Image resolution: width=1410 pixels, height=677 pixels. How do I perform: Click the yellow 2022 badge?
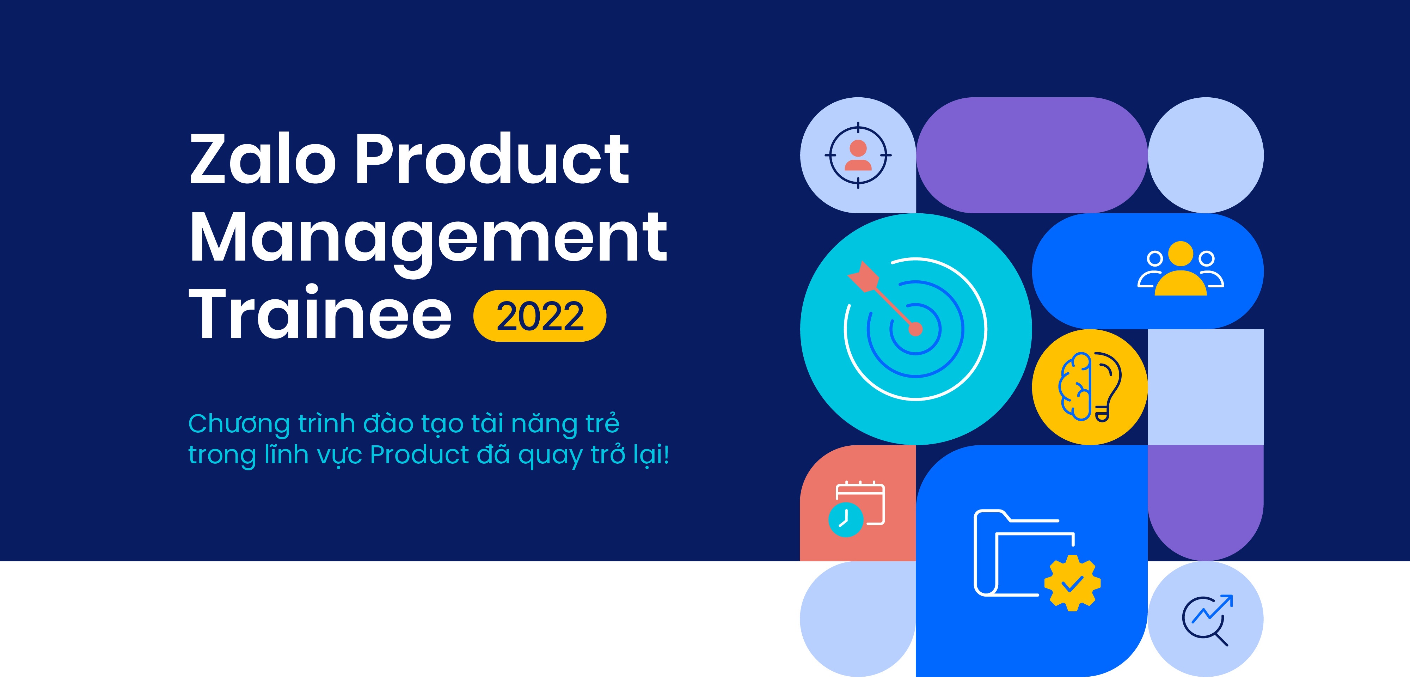(540, 316)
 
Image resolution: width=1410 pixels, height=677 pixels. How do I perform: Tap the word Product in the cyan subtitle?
(419, 455)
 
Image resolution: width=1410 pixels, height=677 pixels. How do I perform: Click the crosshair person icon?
(858, 155)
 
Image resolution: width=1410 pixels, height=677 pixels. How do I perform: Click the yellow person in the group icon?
(1180, 268)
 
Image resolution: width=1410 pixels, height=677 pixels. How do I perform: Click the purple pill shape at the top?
(1032, 155)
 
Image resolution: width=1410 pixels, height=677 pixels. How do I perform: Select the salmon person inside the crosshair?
(858, 155)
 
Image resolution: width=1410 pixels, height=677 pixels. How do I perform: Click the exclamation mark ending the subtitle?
(666, 454)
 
